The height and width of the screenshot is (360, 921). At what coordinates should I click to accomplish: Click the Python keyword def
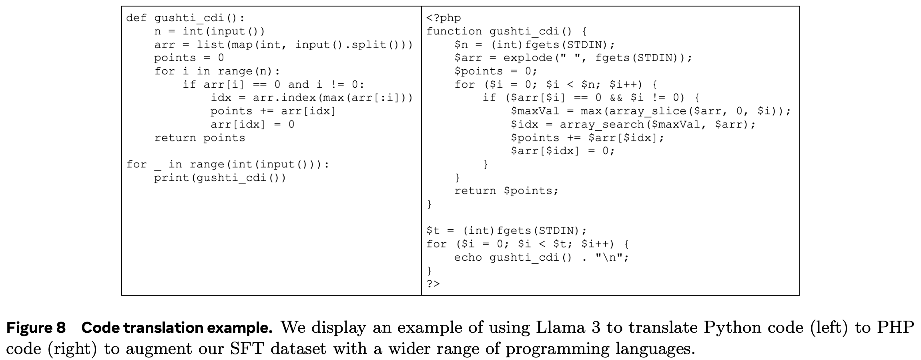pos(136,18)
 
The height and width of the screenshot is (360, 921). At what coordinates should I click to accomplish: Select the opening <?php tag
pos(443,18)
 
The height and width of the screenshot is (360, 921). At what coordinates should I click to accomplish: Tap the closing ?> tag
pos(433,284)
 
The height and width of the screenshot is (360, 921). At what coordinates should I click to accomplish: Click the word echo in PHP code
pos(468,257)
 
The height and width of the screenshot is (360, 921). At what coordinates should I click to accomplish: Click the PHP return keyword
pos(475,191)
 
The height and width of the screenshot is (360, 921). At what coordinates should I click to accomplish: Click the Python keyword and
pos(299,84)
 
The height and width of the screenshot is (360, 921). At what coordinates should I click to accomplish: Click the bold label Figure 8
pos(36,328)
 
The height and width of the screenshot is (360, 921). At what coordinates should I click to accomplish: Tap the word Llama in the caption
pos(559,328)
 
